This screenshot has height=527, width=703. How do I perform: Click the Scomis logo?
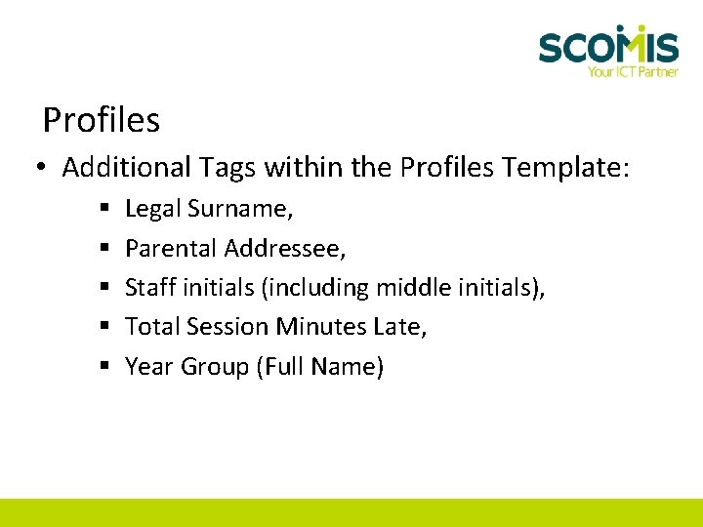tap(607, 45)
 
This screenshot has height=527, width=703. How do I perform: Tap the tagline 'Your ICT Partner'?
tap(632, 71)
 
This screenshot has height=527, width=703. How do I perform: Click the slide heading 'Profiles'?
tap(102, 121)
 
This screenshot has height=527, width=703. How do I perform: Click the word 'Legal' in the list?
tap(153, 210)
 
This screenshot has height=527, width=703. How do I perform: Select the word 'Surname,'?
tap(240, 209)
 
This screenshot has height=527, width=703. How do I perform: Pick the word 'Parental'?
tap(171, 249)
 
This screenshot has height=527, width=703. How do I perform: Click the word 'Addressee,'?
tap(285, 249)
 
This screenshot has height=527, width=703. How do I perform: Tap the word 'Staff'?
tap(149, 288)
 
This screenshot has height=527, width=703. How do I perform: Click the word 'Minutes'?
tap(321, 327)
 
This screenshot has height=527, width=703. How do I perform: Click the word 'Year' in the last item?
tap(145, 367)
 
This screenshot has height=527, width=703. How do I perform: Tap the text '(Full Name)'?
tap(319, 367)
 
